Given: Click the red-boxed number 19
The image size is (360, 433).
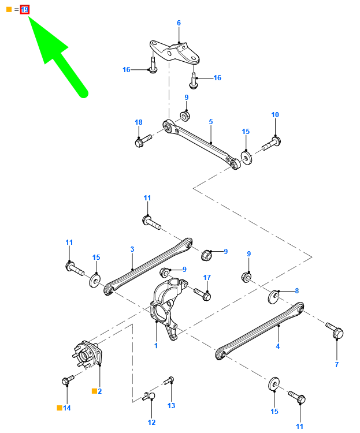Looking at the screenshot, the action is point(25,10).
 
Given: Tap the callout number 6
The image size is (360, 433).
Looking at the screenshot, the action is point(179,23).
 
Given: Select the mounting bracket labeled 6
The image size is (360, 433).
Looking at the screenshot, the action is point(175,53).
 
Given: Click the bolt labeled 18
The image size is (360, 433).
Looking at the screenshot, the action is point(143,140).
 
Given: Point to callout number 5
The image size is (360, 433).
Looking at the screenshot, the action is point(211,121).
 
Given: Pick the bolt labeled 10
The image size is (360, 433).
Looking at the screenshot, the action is point(272,143).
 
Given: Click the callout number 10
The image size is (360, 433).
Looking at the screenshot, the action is point(275,115).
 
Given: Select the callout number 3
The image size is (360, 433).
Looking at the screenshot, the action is point(132,249).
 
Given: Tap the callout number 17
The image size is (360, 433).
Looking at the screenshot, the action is point(207,277).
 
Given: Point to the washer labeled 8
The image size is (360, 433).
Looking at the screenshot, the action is point(274,297).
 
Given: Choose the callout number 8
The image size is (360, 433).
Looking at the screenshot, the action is point(296,290).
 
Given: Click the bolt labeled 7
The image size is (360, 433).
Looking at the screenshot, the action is point(335,330).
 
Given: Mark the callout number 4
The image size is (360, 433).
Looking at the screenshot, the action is point(277,346).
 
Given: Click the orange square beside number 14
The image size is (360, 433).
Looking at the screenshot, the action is point(59,408).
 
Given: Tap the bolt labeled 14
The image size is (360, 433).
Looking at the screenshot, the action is point(68,380).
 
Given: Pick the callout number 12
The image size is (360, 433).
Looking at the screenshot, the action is point(151,422).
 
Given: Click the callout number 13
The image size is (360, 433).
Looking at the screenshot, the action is point(171,405).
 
